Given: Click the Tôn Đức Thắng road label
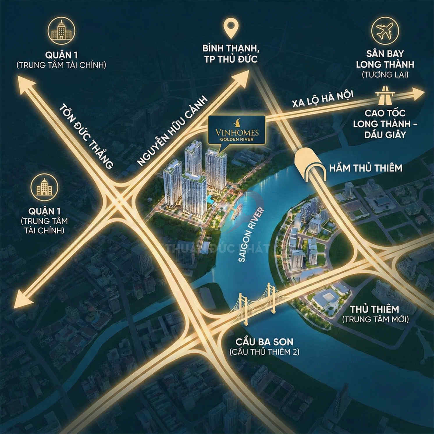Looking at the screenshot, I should click(86, 136).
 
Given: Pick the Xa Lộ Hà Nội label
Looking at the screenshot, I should click(323, 99).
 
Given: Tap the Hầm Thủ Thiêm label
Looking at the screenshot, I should click(365, 168).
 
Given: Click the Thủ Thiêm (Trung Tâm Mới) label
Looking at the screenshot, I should click(375, 314).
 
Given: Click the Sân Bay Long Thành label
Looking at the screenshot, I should click(385, 59).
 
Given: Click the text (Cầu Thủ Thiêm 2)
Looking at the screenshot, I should click(264, 352).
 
